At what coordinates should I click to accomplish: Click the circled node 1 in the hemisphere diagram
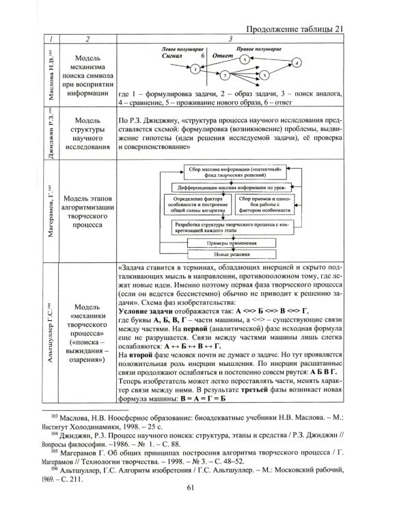pos(195,70)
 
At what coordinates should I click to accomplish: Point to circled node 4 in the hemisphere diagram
pos(297,63)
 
